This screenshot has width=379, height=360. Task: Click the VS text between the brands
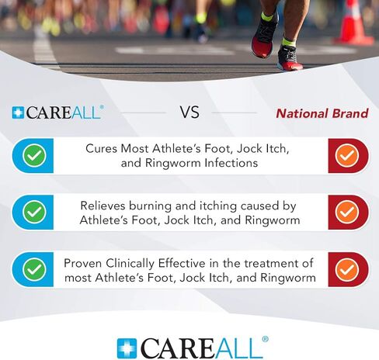[189, 112]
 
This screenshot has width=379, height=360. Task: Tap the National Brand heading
[322, 113]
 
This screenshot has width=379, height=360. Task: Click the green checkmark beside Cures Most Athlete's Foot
[34, 155]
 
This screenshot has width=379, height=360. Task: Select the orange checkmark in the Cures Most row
[347, 155]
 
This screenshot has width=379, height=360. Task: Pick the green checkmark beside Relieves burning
[34, 212]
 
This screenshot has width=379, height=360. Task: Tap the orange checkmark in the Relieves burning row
[347, 212]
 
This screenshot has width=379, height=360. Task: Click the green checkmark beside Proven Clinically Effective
[34, 269]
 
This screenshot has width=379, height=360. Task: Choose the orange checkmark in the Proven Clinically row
[347, 269]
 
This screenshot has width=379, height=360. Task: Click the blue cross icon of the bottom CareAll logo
[127, 348]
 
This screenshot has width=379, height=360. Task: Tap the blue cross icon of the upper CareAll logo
[18, 113]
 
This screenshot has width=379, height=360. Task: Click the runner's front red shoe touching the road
[289, 58]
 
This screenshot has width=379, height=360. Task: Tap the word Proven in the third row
[82, 264]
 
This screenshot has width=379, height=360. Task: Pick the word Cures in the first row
[101, 149]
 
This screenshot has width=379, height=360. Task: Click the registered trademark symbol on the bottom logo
[265, 339]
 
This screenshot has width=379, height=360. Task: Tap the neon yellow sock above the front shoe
[289, 42]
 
